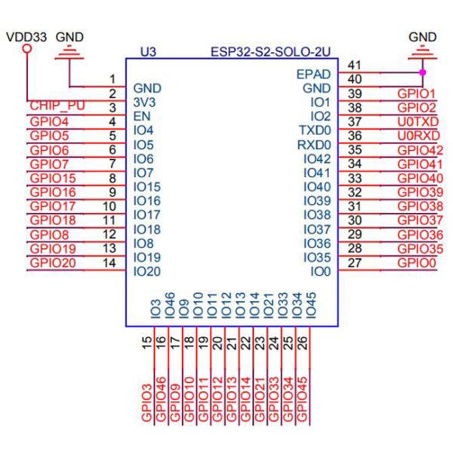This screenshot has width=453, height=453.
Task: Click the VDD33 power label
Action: pos(25,35)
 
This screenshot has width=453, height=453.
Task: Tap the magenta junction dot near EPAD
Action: pos(421,72)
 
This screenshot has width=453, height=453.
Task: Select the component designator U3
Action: pos(148,53)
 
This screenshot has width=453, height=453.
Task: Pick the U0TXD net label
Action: pos(415,121)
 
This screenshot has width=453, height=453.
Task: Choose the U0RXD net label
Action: pos(415,135)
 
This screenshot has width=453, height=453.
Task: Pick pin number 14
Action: pos(109,263)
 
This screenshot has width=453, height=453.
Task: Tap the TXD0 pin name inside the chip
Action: pos(316,131)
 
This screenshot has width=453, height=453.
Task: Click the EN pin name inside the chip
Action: pos(140,116)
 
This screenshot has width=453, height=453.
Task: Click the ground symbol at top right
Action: pos(421,52)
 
